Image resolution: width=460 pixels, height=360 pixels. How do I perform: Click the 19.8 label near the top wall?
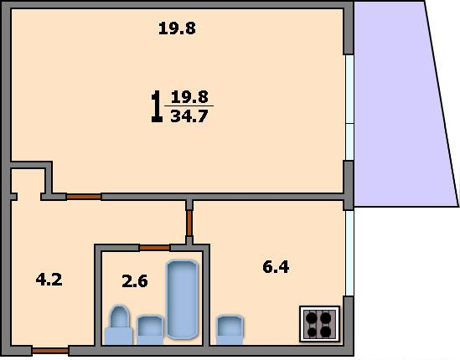[x=177, y=28]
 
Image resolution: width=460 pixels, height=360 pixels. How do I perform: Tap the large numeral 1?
[x=157, y=106]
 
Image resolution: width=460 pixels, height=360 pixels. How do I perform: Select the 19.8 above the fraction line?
[x=189, y=96]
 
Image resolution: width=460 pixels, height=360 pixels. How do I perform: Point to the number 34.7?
[x=189, y=116]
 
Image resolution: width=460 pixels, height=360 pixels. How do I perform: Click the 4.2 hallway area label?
[x=49, y=279]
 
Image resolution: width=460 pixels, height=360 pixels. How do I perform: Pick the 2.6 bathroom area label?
[x=135, y=281]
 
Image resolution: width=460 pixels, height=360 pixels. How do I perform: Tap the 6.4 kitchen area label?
[x=276, y=267]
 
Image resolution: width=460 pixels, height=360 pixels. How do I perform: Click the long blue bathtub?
[x=182, y=300]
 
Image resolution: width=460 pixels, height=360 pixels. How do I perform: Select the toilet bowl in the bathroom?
[x=119, y=316]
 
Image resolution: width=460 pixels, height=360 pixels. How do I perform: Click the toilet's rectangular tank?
[x=119, y=337]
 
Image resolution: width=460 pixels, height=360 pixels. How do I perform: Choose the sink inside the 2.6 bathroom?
[x=150, y=330]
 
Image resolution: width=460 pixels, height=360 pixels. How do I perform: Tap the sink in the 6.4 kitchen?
[x=230, y=330]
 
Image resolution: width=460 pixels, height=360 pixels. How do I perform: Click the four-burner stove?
[x=320, y=324]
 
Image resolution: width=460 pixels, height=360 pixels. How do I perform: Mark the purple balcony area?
[x=402, y=104]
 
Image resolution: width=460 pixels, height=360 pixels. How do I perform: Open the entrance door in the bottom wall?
[x=50, y=351]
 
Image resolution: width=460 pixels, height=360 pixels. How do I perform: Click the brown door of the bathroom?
[x=155, y=248]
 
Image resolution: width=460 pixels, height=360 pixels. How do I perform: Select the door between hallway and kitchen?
[x=189, y=223]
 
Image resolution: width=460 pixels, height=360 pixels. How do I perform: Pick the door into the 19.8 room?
[x=84, y=197]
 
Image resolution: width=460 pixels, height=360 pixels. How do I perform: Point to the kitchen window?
[x=349, y=253]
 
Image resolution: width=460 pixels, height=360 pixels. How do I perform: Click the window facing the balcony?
[x=349, y=107]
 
